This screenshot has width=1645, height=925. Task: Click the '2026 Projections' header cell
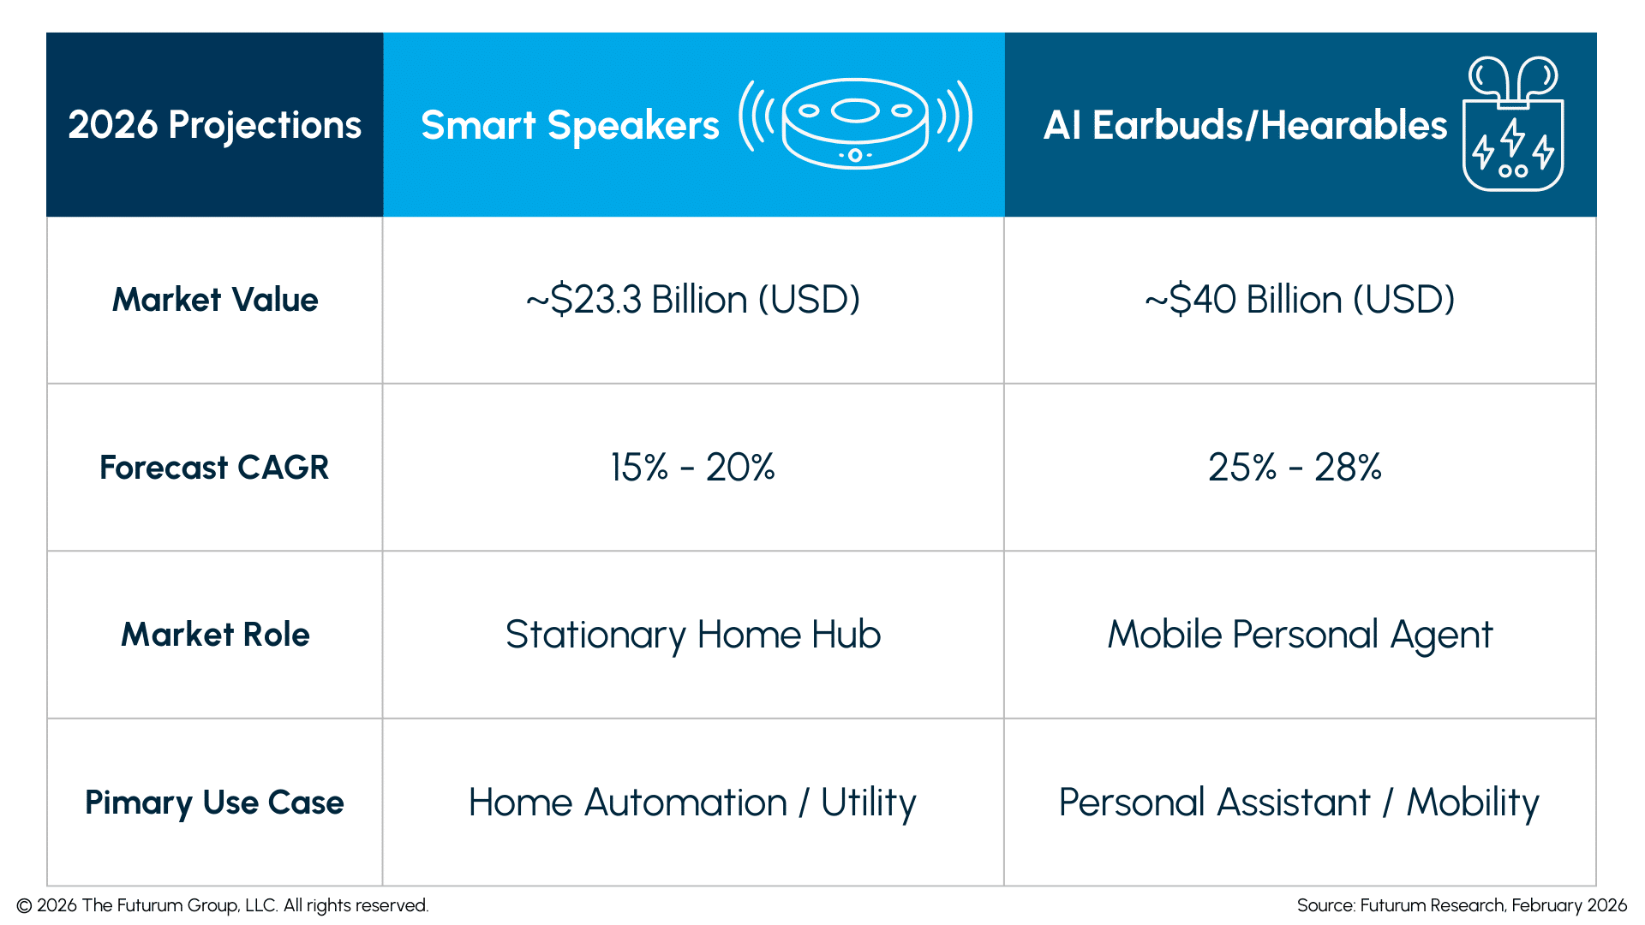[x=214, y=125]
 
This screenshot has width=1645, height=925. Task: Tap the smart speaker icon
[x=855, y=123]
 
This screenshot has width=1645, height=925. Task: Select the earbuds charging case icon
[x=1513, y=125]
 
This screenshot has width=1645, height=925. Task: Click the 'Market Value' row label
[x=215, y=300]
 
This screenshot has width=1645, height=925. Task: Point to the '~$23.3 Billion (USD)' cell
[x=693, y=300]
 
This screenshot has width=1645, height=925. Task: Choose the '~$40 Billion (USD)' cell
[x=1300, y=300]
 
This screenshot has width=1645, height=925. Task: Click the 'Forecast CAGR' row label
[x=214, y=468]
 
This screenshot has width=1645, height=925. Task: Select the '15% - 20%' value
[x=693, y=468]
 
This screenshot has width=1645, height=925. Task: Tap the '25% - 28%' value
[x=1295, y=468]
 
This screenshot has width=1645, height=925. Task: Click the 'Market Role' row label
[x=215, y=635]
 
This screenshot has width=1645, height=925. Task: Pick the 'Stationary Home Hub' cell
[x=693, y=635]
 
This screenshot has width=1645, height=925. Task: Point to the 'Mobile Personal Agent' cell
[x=1300, y=635]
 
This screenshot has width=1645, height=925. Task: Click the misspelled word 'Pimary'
[x=139, y=803]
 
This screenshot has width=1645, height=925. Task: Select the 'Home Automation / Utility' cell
[x=693, y=803]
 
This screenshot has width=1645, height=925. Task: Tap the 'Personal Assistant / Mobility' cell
[x=1299, y=803]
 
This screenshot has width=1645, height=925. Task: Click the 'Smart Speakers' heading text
[x=570, y=125]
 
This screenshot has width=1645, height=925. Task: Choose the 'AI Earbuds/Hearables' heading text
[x=1245, y=125]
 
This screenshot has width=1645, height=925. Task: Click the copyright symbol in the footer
[x=24, y=906]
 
